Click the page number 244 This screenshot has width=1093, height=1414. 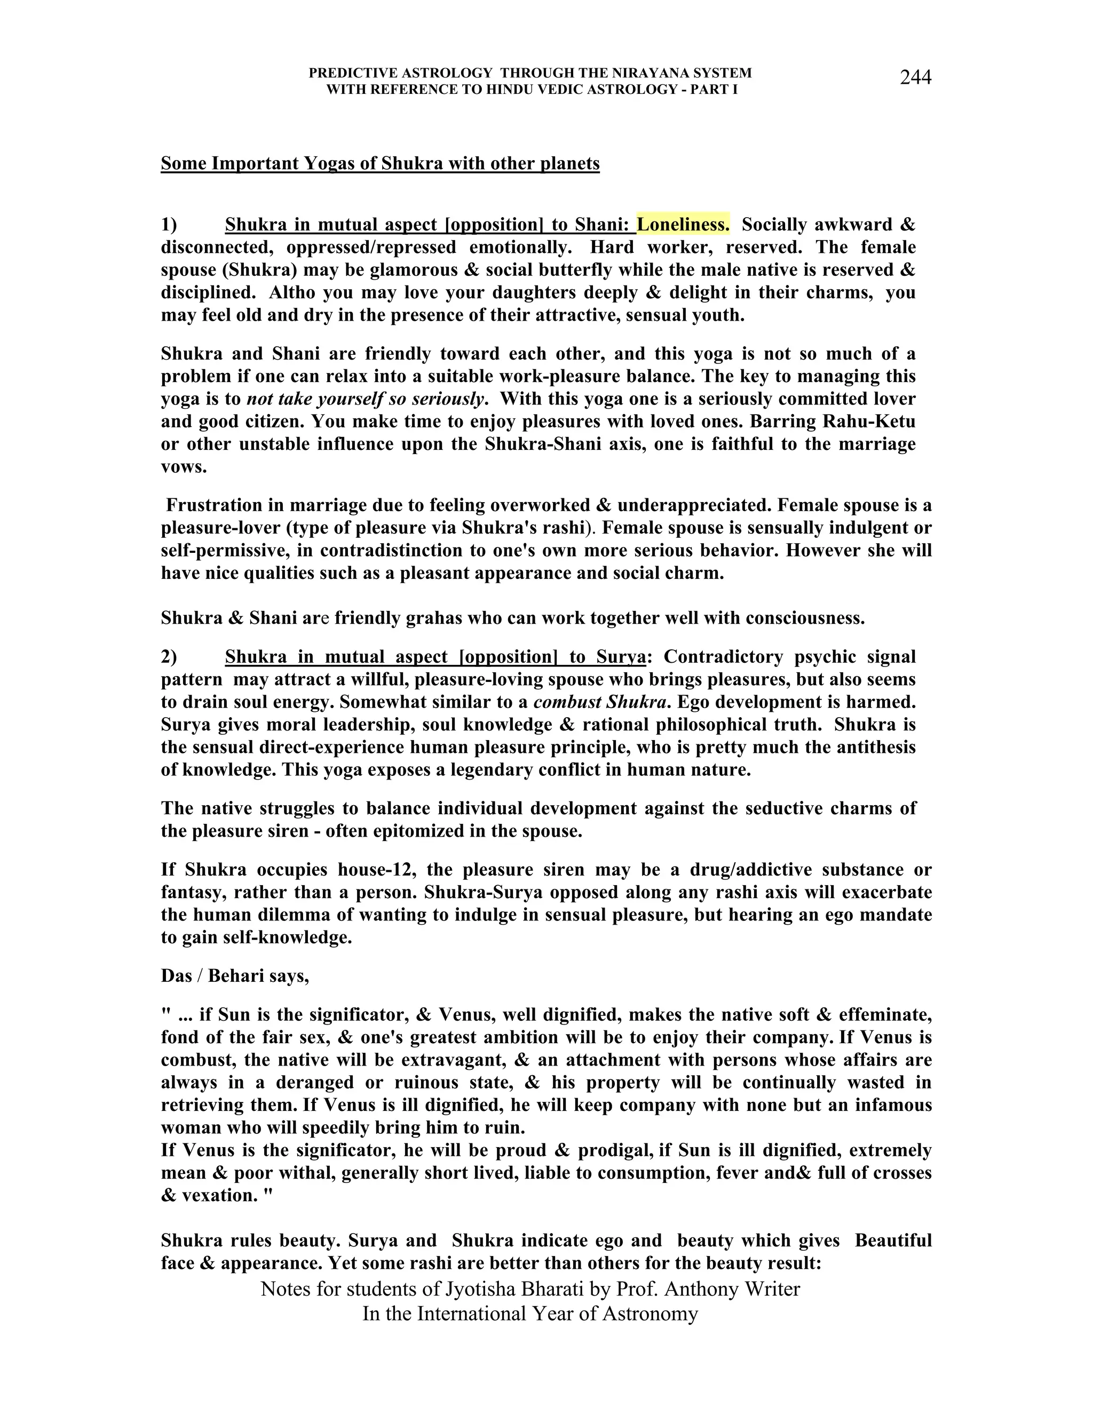click(915, 78)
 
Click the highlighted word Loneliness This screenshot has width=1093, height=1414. click(683, 225)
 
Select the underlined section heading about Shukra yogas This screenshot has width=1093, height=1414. click(380, 163)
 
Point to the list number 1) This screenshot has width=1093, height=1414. click(169, 225)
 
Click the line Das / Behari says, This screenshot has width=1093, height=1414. click(235, 976)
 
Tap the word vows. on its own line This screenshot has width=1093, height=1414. click(184, 467)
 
